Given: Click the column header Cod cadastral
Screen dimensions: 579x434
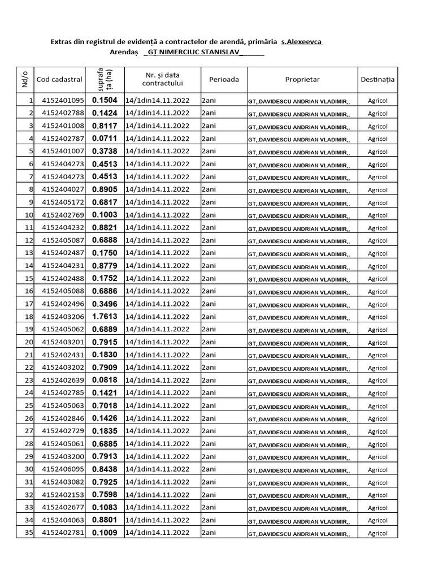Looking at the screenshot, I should [x=59, y=80].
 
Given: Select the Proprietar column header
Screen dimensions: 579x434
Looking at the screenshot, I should [x=302, y=80].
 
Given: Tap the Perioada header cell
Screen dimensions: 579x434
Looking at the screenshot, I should [x=224, y=80].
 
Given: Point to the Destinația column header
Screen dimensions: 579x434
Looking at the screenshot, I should [x=377, y=80].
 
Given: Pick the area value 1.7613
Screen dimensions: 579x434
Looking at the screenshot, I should [x=105, y=317].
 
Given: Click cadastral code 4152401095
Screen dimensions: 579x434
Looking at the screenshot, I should [x=63, y=101].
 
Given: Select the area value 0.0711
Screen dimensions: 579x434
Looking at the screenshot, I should [x=105, y=139].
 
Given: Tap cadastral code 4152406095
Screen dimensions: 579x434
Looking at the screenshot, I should [x=63, y=469].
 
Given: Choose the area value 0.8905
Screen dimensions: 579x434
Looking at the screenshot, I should [x=105, y=189].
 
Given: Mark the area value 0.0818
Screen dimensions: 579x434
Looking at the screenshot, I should [x=105, y=380].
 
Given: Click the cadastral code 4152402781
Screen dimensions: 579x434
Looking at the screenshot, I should [x=63, y=533].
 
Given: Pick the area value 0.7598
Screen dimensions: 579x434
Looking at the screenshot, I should [x=105, y=495].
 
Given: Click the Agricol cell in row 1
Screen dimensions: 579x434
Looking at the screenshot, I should [x=377, y=101].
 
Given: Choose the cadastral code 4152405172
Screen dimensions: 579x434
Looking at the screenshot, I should [x=63, y=202].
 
